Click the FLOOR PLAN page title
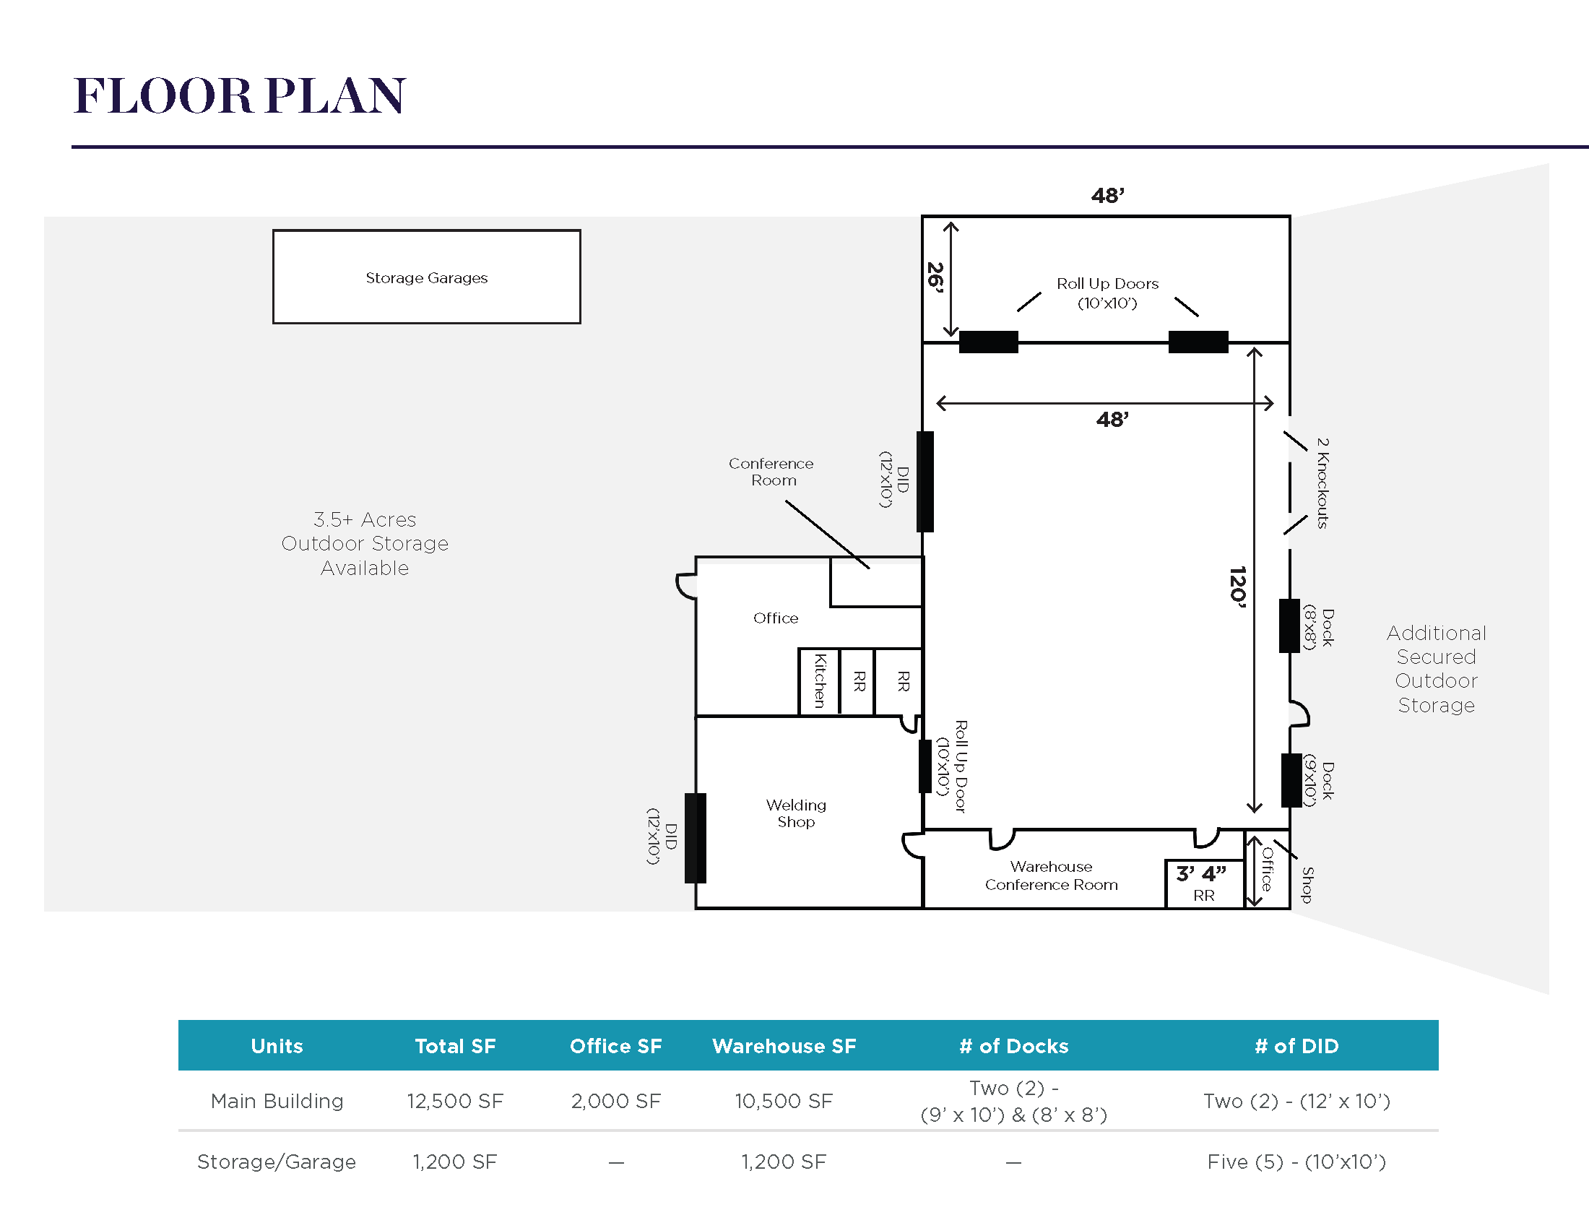click(239, 95)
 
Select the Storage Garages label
click(426, 278)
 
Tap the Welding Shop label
click(796, 813)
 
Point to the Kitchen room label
click(820, 681)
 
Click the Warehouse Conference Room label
click(1052, 876)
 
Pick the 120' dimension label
click(1237, 587)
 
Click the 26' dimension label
click(935, 278)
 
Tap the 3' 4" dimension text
click(1201, 873)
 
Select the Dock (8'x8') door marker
click(1289, 626)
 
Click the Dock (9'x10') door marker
click(1291, 781)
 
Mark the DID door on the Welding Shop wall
click(696, 838)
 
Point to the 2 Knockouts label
click(1322, 483)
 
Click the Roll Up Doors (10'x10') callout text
click(1107, 293)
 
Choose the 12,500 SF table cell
click(455, 1101)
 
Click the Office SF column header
click(615, 1046)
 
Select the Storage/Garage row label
click(277, 1162)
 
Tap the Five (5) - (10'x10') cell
click(1296, 1162)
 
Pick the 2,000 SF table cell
click(615, 1101)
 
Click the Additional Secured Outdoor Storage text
click(1436, 669)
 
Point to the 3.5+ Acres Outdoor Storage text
click(365, 543)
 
